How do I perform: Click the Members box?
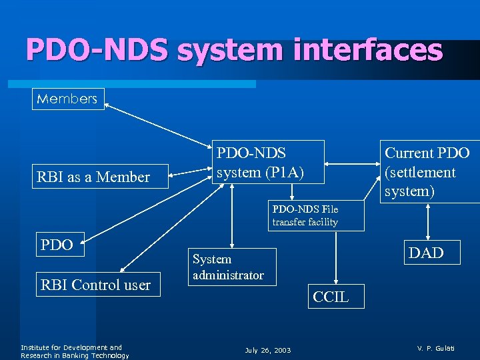point(68,99)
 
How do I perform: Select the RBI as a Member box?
point(93,177)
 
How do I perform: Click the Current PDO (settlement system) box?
point(427,171)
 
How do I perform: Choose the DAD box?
point(426,252)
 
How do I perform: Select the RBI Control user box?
point(97,285)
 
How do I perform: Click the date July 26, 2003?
point(267,350)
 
